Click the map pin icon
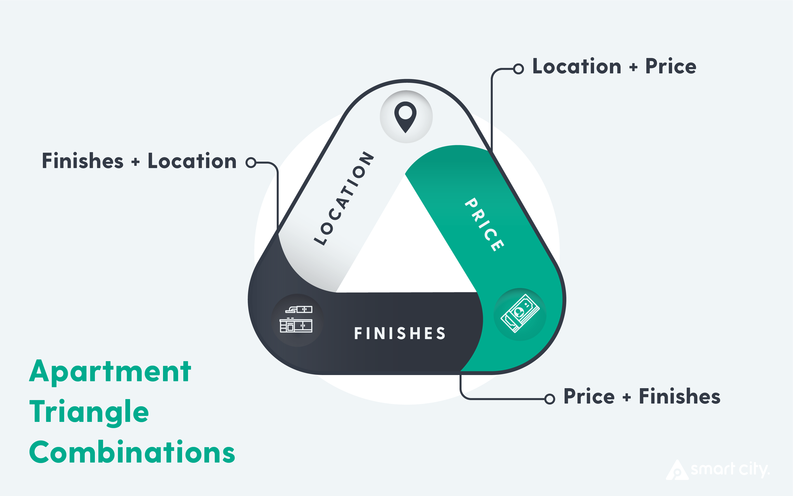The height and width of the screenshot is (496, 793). pyautogui.click(x=406, y=117)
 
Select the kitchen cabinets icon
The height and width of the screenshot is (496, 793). pyautogui.click(x=296, y=320)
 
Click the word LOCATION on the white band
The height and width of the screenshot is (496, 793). pyautogui.click(x=344, y=198)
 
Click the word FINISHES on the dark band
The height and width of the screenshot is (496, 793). pyautogui.click(x=400, y=333)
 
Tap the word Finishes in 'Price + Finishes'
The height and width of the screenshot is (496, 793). pyautogui.click(x=679, y=396)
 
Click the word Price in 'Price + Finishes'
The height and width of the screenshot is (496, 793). pyautogui.click(x=589, y=396)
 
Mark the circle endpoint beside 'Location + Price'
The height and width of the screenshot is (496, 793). pyautogui.click(x=518, y=69)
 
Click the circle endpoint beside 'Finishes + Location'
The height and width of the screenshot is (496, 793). pyautogui.click(x=251, y=162)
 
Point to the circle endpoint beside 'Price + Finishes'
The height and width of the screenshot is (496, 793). pyautogui.click(x=550, y=399)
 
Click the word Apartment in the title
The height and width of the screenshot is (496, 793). pyautogui.click(x=110, y=372)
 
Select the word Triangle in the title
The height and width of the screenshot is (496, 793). pyautogui.click(x=89, y=413)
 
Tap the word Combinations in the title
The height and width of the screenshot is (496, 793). pyautogui.click(x=132, y=453)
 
